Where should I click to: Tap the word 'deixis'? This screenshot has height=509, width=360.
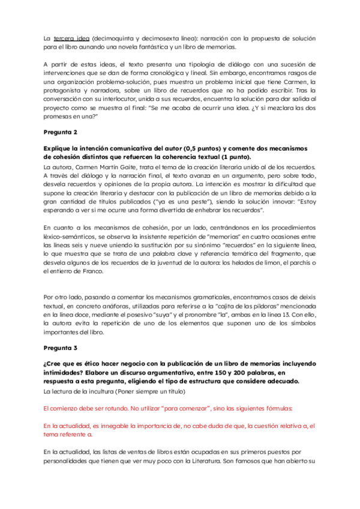tap(305, 297)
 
